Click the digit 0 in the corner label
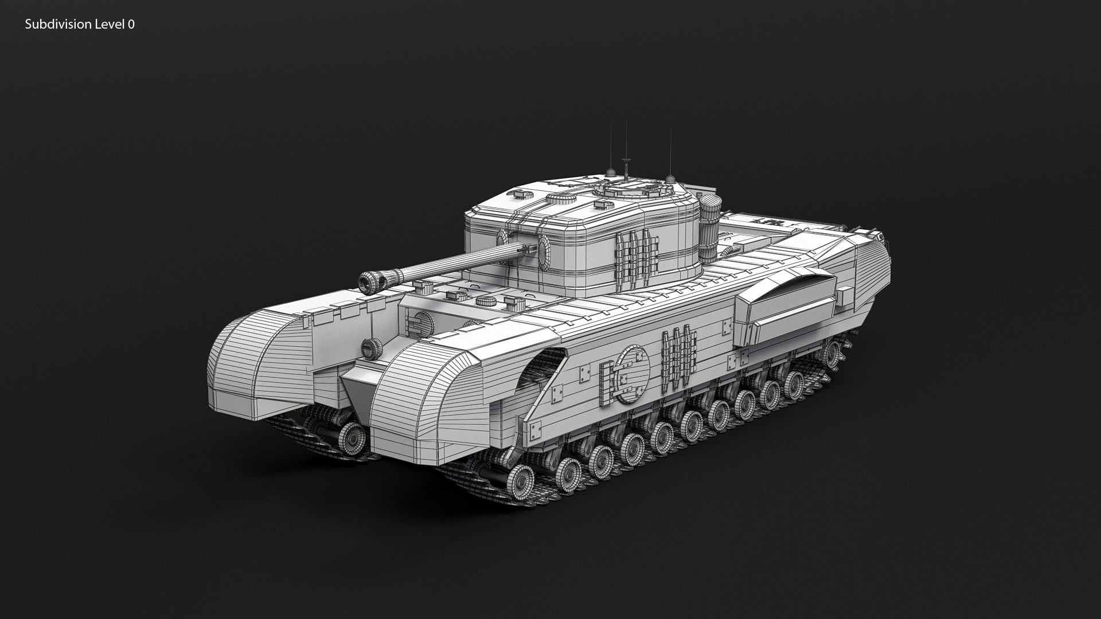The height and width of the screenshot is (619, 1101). [131, 24]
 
